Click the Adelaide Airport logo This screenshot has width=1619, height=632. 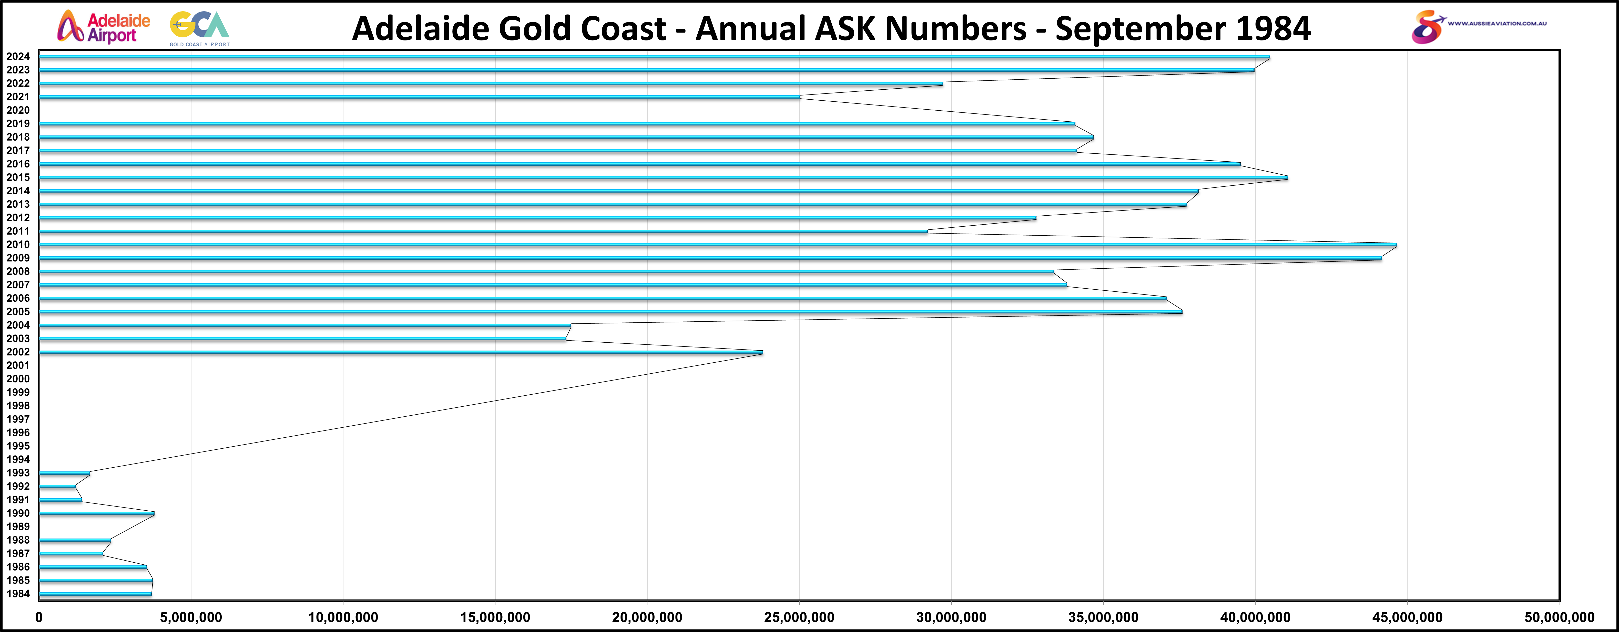104,27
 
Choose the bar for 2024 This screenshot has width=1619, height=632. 654,57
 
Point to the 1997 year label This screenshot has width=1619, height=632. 18,419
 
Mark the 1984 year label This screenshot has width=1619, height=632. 18,594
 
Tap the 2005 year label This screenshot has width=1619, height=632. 18,312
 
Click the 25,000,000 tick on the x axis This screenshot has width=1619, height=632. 799,618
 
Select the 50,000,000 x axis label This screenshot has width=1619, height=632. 1559,618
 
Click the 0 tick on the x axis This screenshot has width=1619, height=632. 39,618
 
